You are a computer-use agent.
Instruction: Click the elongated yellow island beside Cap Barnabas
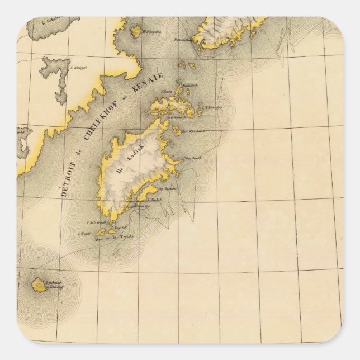150,192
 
